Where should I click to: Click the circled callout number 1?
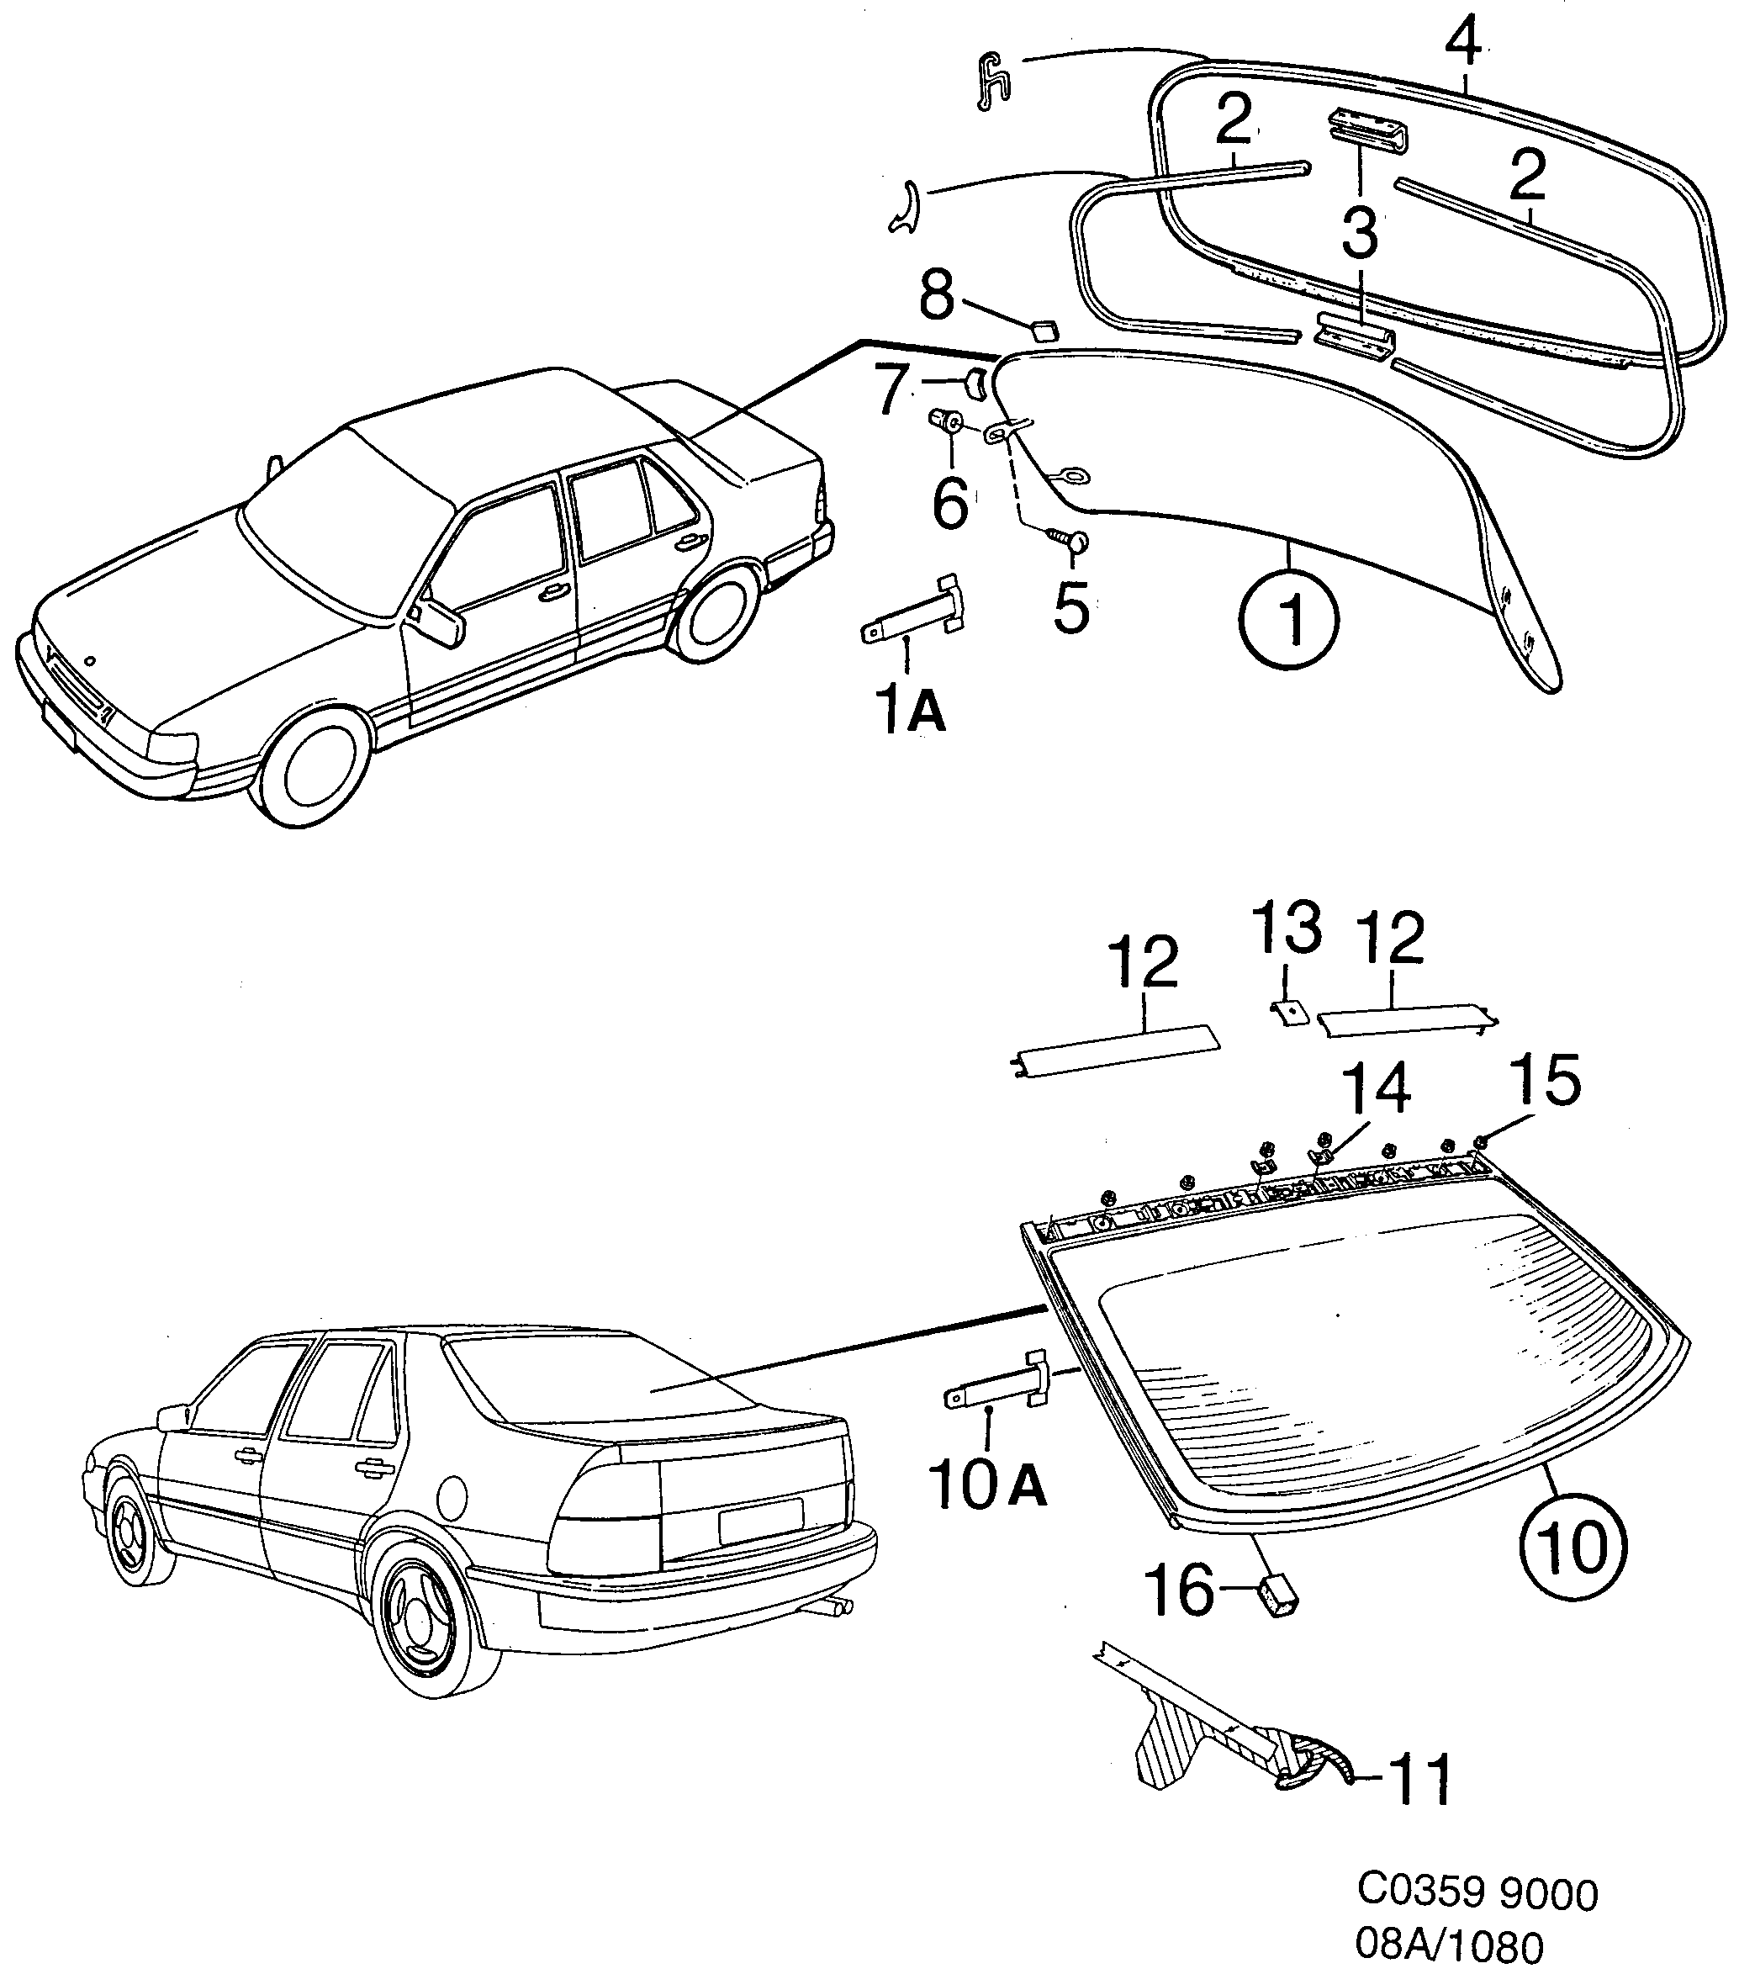point(1289,620)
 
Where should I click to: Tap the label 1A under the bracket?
point(912,712)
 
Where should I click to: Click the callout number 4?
point(1464,44)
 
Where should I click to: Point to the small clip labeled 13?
point(1288,1012)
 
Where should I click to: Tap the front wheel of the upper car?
point(317,770)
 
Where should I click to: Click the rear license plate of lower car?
point(760,1523)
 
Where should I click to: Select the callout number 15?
point(1544,1081)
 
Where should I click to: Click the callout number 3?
point(1360,232)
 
